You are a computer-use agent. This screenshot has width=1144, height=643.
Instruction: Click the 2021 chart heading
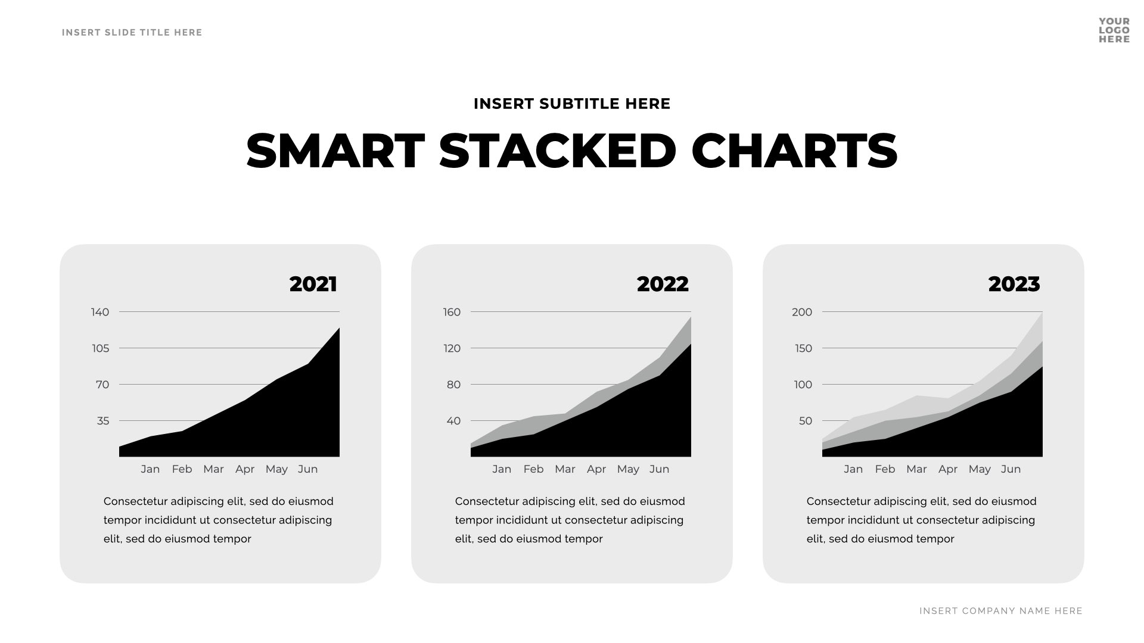click(x=313, y=284)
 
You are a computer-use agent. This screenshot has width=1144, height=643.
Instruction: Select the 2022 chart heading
click(x=663, y=284)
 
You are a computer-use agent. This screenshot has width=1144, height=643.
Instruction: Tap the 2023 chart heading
click(x=1014, y=284)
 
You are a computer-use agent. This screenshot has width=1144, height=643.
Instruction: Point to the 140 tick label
click(x=100, y=312)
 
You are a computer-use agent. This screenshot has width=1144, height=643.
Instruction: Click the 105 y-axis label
click(x=101, y=348)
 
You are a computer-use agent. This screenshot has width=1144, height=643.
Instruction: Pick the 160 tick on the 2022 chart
click(x=452, y=312)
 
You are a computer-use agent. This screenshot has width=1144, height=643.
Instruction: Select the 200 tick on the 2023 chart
click(x=802, y=312)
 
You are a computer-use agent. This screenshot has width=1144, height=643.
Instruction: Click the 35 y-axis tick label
click(x=103, y=421)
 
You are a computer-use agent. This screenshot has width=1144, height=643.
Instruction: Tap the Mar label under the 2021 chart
click(x=213, y=469)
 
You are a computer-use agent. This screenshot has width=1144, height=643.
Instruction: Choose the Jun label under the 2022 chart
click(x=659, y=469)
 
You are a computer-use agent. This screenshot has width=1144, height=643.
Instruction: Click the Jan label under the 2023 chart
click(x=853, y=469)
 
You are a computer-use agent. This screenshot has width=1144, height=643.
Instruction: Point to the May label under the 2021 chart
click(x=276, y=469)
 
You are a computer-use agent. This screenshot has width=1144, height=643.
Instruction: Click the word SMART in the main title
click(x=335, y=151)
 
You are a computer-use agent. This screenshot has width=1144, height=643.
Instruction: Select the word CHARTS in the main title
click(x=794, y=151)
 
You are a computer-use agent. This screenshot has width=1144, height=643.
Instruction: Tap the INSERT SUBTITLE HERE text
click(x=572, y=104)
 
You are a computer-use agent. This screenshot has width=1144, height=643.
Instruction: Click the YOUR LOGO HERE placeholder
click(x=1114, y=30)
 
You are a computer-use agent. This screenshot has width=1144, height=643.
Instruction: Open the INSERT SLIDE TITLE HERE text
click(x=132, y=33)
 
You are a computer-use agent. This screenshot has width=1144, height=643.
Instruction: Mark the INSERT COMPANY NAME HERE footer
click(x=1001, y=611)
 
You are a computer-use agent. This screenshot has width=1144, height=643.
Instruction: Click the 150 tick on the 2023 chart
click(x=803, y=348)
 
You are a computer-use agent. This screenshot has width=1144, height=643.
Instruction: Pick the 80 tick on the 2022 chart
click(x=453, y=385)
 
